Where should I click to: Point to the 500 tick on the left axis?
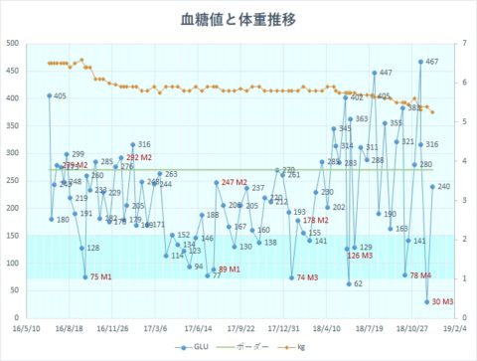click(24, 43)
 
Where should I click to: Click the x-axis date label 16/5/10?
click(26, 326)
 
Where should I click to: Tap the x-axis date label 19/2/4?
click(455, 326)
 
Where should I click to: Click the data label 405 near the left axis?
click(60, 96)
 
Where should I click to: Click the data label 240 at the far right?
click(444, 187)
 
